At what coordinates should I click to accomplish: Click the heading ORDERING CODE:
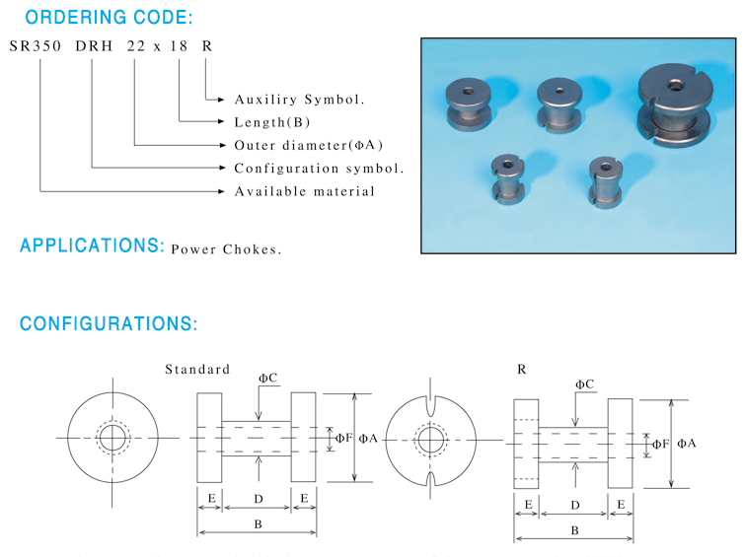point(109,17)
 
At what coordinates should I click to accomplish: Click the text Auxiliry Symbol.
point(300,100)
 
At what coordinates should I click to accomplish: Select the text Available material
point(305,191)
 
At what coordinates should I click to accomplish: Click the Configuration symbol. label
point(319,169)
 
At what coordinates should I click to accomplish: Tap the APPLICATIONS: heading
point(92,245)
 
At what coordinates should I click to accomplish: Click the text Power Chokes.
point(226,249)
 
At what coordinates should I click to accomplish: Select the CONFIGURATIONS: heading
point(109,324)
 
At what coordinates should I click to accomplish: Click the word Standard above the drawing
point(197,370)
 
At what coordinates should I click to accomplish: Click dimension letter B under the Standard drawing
point(258,523)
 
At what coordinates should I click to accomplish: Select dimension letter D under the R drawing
point(573,505)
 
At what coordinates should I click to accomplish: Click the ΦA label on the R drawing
point(687,444)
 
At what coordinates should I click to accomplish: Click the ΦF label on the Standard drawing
point(343,438)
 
